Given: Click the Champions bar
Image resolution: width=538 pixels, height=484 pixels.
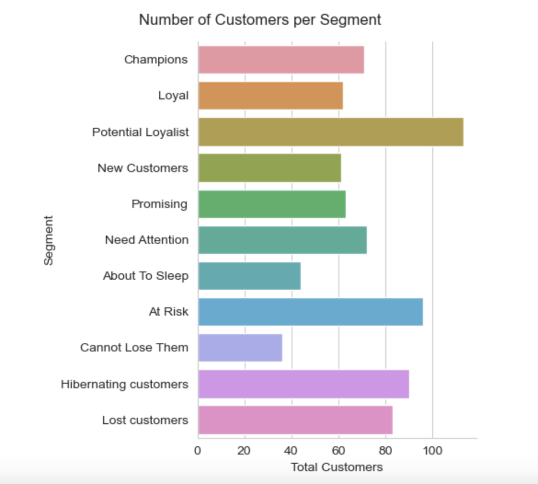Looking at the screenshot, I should click(281, 60).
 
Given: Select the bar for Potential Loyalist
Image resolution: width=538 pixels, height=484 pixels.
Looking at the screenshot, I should click(331, 132).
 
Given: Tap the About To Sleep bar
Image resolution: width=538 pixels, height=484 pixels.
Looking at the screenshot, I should click(249, 276).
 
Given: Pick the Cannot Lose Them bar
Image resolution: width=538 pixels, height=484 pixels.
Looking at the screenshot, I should click(240, 348).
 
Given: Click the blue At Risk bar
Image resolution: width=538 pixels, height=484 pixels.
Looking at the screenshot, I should click(310, 312).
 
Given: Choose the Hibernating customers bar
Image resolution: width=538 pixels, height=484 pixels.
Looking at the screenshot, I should click(303, 384).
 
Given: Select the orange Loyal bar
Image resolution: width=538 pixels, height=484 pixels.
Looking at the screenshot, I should click(270, 96).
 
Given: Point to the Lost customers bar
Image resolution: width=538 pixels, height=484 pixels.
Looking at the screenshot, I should click(295, 420).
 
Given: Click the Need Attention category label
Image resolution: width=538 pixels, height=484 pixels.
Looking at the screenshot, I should click(147, 240).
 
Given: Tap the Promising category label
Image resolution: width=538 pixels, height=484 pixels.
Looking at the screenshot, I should click(159, 204).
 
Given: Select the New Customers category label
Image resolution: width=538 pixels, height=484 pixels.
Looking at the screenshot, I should click(143, 168).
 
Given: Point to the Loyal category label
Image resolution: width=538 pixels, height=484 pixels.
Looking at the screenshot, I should click(173, 96).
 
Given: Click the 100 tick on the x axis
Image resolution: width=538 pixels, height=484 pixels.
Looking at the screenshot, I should click(432, 450).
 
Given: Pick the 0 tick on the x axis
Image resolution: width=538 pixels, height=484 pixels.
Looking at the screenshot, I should click(198, 450).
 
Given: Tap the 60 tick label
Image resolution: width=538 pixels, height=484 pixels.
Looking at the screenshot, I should click(338, 450).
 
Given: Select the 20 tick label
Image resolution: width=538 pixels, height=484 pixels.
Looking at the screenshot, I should click(244, 450).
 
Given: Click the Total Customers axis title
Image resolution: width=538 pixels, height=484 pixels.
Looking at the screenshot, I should click(337, 467).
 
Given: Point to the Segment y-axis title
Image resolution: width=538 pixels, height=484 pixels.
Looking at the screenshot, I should click(48, 240).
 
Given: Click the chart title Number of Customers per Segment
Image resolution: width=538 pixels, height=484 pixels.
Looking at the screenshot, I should click(260, 20).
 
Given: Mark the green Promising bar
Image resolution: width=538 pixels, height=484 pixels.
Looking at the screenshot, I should click(272, 204).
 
